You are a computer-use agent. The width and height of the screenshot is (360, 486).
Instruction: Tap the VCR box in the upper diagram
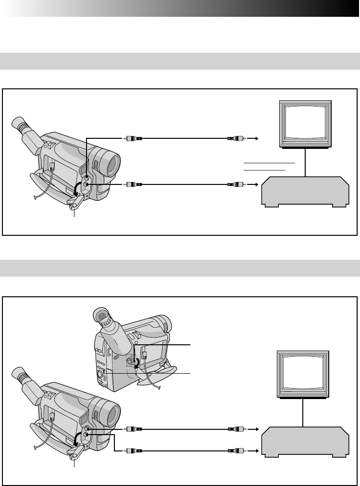(305, 192)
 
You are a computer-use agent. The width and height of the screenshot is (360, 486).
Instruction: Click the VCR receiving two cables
(305, 441)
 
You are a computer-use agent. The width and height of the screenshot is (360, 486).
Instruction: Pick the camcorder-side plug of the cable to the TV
(133, 139)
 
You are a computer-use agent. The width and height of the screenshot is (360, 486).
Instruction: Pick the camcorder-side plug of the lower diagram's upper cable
(133, 429)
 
